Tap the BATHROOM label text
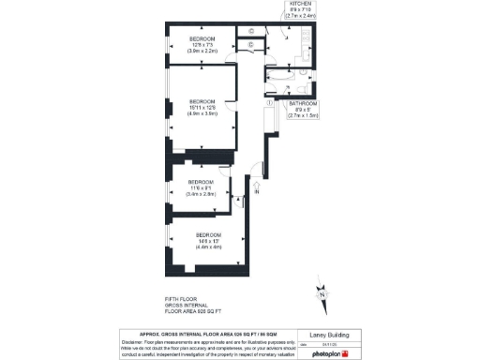303,103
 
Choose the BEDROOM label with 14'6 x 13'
208,234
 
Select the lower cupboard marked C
251,45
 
